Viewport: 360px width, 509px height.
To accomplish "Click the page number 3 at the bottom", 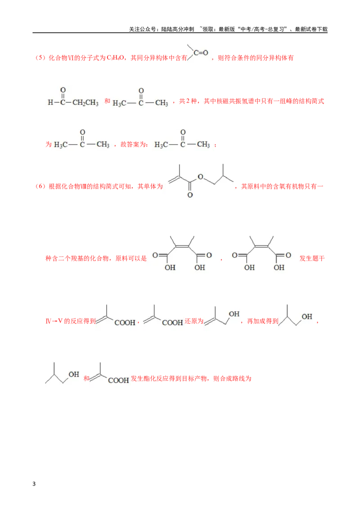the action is tap(34, 484).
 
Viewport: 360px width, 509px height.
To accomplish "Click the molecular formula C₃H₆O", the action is tap(115, 58).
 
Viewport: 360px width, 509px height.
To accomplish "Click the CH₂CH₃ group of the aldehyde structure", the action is tap(85, 103).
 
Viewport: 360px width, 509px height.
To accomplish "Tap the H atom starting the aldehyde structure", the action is tap(50, 103).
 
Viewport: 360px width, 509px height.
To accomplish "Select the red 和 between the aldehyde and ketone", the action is tap(107, 101).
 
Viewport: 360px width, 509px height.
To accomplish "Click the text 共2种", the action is tap(188, 101).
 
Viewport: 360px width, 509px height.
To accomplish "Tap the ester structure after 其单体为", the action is tap(200, 181).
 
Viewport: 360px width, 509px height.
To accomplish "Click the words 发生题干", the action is tap(312, 259).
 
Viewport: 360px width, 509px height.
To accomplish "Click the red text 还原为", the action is tap(194, 321).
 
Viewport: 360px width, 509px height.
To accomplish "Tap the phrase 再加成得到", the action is tap(263, 321).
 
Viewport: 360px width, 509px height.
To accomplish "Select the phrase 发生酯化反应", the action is tap(146, 379).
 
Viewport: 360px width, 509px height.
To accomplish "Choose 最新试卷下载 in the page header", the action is tap(311, 29).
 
